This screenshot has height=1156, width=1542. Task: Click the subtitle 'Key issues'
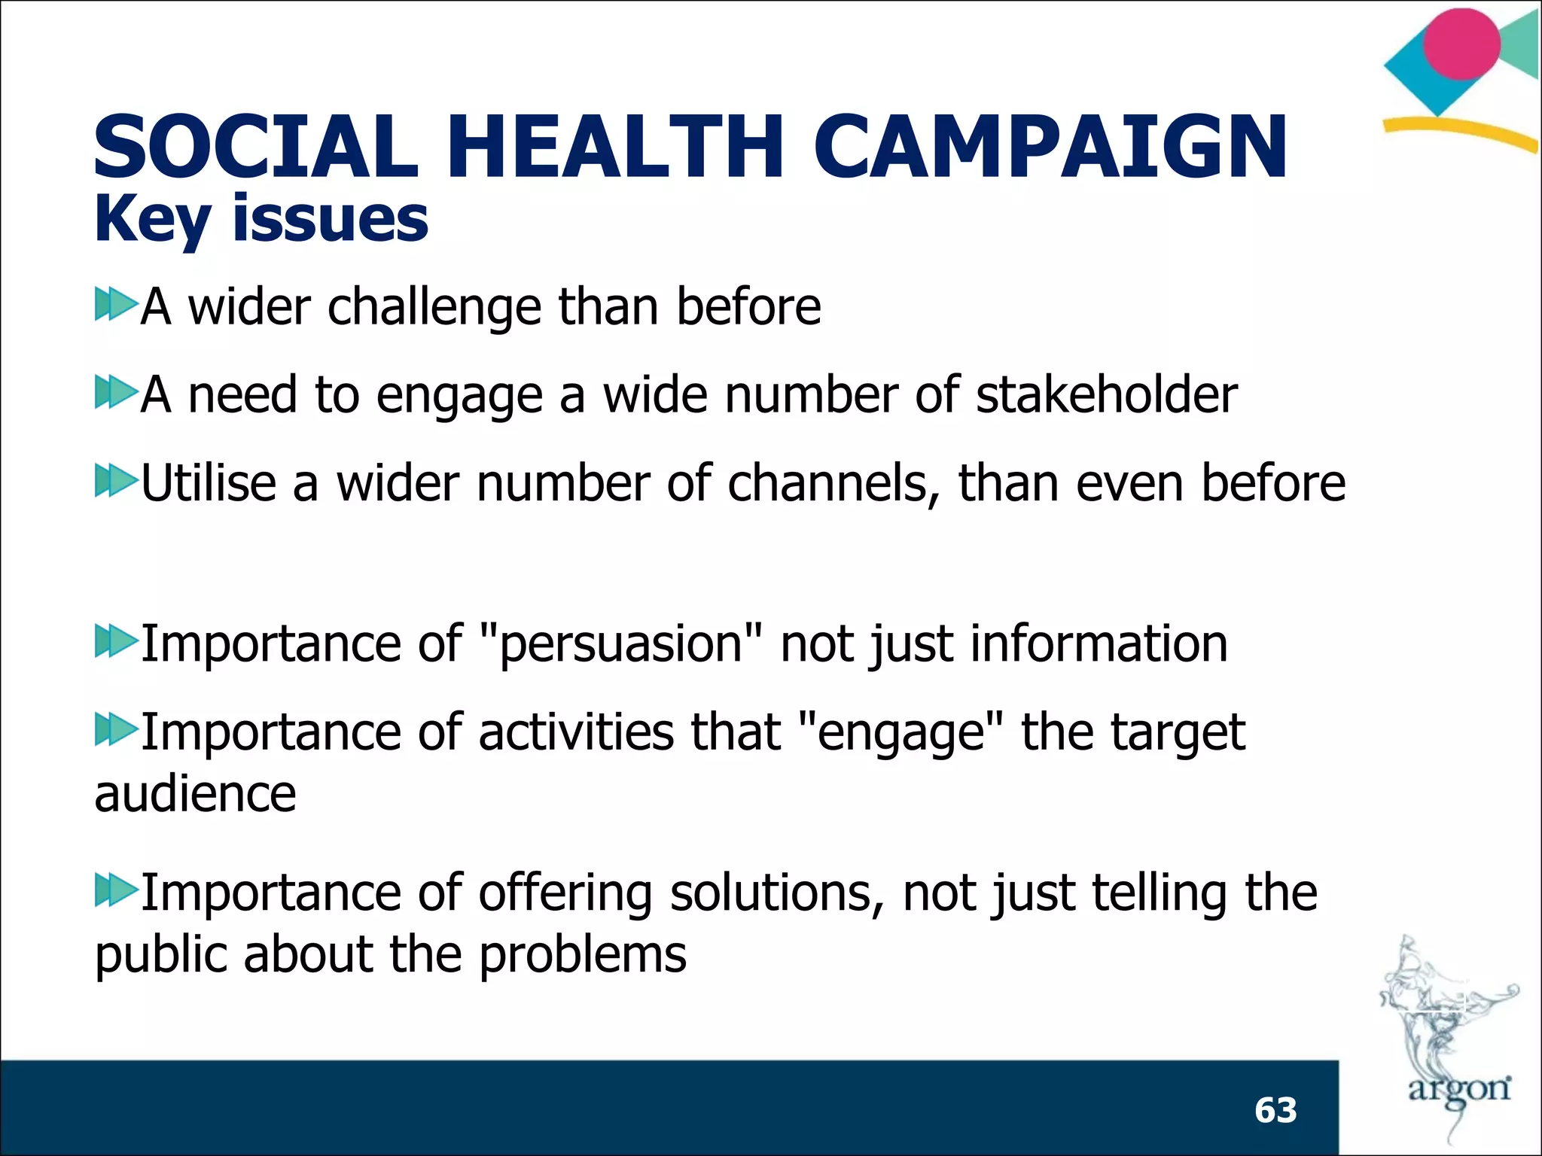pos(261,220)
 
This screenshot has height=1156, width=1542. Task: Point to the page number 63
pos(1275,1110)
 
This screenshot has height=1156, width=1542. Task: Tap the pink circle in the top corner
pos(1461,44)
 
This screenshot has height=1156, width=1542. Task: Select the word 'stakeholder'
pos(1106,394)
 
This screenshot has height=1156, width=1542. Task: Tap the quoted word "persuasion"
pos(620,644)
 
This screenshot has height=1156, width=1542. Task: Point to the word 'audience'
pos(195,795)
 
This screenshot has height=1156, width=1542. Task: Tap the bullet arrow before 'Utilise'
pos(115,480)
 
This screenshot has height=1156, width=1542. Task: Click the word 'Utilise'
pos(209,482)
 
